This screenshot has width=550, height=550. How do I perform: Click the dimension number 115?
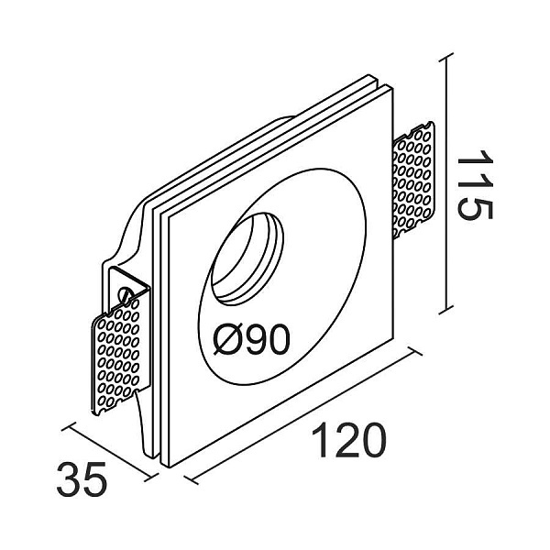click(x=475, y=185)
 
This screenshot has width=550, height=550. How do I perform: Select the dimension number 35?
click(x=82, y=478)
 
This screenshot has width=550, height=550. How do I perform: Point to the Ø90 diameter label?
click(x=251, y=338)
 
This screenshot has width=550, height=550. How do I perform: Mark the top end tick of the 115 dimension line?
click(x=446, y=59)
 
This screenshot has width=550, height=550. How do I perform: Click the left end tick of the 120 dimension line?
click(x=191, y=479)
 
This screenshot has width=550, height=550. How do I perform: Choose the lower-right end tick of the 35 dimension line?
click(x=151, y=477)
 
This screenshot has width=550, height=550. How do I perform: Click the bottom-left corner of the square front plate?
click(x=170, y=467)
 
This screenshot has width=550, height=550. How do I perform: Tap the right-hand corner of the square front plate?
click(x=392, y=337)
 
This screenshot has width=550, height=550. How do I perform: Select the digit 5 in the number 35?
click(x=95, y=478)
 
